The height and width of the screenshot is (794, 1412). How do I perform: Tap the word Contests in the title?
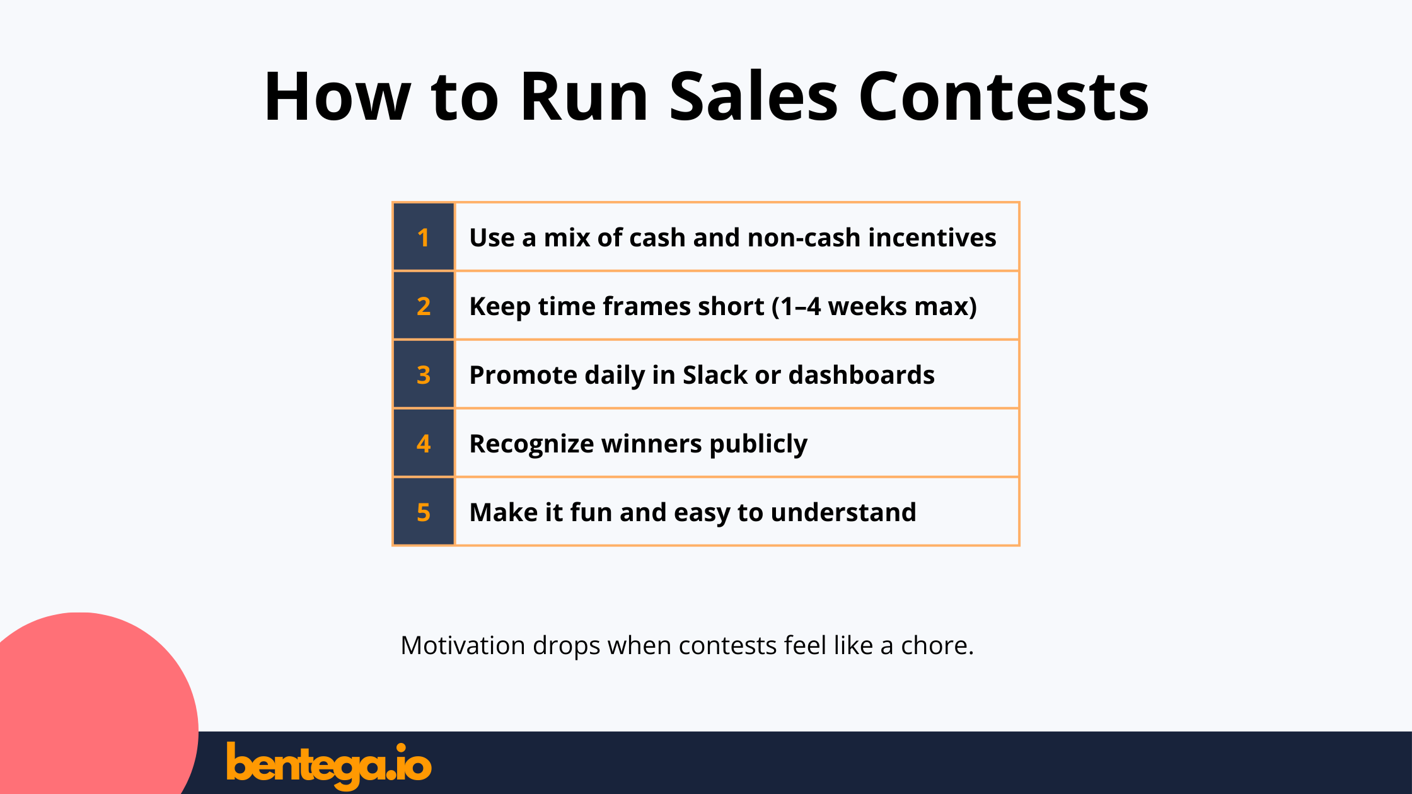(x=1004, y=98)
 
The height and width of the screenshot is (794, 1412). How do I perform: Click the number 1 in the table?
(x=423, y=238)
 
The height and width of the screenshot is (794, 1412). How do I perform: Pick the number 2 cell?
(x=423, y=306)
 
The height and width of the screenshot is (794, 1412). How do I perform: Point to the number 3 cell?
(x=423, y=375)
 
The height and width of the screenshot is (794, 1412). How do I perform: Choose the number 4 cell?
(x=423, y=444)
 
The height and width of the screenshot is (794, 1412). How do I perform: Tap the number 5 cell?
(x=423, y=512)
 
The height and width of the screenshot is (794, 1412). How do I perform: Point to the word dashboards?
(x=861, y=375)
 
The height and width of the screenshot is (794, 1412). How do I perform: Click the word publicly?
(x=758, y=444)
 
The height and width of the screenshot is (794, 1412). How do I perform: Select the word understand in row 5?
(x=843, y=512)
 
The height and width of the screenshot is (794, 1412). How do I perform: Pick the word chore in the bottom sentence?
(x=935, y=646)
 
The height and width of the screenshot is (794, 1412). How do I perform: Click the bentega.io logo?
(x=328, y=765)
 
